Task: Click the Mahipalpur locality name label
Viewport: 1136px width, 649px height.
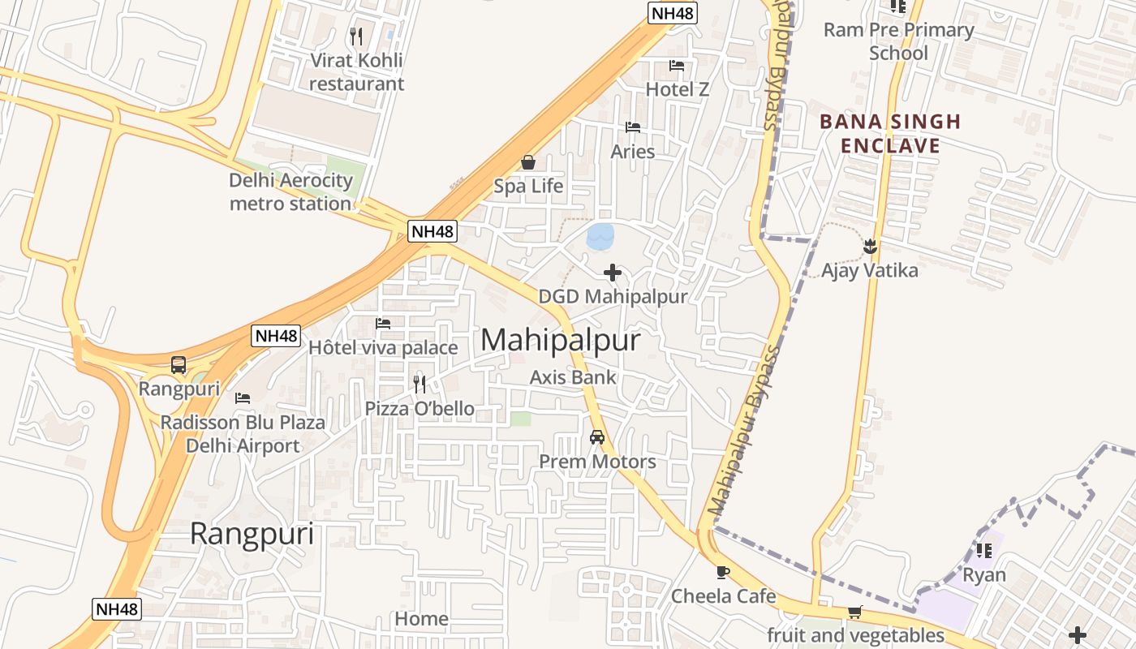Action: click(561, 340)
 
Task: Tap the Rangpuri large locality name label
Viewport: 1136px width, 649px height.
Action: click(252, 535)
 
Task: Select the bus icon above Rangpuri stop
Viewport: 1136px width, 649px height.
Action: click(179, 365)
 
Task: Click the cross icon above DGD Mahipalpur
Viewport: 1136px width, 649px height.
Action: click(613, 273)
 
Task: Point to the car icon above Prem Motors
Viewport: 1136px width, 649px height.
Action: click(597, 437)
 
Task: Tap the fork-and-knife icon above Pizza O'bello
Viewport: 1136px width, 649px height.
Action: click(420, 384)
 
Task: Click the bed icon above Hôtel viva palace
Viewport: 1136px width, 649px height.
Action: click(383, 324)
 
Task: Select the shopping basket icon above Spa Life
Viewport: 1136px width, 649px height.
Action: click(528, 163)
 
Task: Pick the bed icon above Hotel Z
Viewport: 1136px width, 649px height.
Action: click(677, 66)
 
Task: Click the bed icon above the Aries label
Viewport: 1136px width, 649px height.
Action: click(633, 127)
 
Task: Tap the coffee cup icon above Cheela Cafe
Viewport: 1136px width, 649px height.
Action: click(723, 572)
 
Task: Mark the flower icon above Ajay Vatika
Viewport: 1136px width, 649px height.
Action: click(870, 245)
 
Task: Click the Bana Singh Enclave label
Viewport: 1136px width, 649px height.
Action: click(890, 134)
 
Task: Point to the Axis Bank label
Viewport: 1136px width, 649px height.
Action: click(573, 377)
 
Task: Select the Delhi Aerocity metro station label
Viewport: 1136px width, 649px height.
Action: click(290, 192)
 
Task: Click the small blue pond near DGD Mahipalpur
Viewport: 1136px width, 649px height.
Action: click(600, 236)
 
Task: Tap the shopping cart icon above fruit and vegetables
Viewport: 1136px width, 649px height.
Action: click(854, 612)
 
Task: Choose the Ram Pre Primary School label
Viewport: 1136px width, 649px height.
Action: click(898, 41)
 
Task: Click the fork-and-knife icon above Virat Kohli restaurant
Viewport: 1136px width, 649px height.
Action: click(356, 36)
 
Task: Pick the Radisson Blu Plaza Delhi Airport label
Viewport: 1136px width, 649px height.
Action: click(243, 434)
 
